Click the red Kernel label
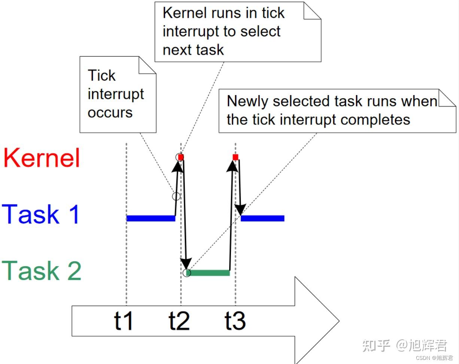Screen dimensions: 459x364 pos(42,158)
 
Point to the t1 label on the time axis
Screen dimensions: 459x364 pos(123,321)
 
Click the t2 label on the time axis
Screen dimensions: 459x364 pos(179,321)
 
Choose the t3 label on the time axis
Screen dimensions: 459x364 pos(235,321)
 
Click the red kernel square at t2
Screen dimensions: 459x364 pos(181,157)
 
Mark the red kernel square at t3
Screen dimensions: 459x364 pos(235,157)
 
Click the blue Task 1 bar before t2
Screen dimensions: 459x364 pos(151,218)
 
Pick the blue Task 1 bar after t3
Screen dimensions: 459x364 pos(262,218)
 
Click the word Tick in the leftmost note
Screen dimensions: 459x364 pos(101,75)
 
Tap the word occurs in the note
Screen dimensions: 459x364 pos(110,113)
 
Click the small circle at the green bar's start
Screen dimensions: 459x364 pos(187,273)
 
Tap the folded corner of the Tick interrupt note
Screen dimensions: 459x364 pos(148,65)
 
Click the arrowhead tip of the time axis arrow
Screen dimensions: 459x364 pos(339,321)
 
